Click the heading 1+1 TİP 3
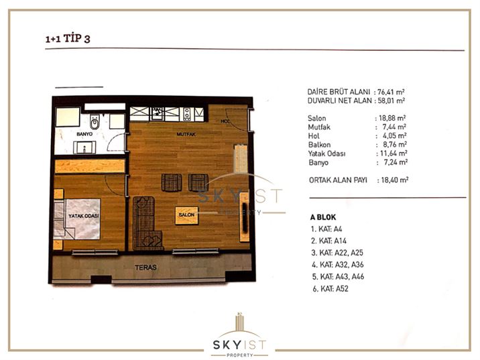68,39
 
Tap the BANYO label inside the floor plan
84,134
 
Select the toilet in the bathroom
95,122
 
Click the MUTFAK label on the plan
186,134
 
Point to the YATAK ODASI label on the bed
84,216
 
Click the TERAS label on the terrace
145,267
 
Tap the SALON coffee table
187,215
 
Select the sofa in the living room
145,223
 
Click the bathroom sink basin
84,147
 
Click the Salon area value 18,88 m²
392,118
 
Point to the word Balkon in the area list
319,145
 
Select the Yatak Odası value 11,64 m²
394,154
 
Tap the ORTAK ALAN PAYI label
338,180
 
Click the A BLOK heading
323,217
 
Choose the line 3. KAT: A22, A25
337,253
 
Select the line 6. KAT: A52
331,289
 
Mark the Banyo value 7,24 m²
396,162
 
